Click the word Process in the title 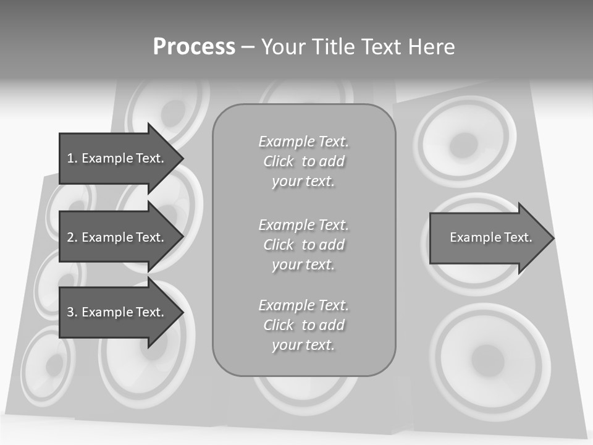coord(194,47)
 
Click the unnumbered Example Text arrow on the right coord(490,237)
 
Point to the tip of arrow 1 coord(182,158)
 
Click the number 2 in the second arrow coord(70,237)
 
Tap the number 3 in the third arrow coord(70,312)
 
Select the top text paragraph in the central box coord(303,161)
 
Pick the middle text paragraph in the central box coord(303,245)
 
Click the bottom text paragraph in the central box coord(303,325)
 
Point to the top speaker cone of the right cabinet coord(464,143)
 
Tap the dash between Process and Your coord(248,47)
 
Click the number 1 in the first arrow coord(70,158)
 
